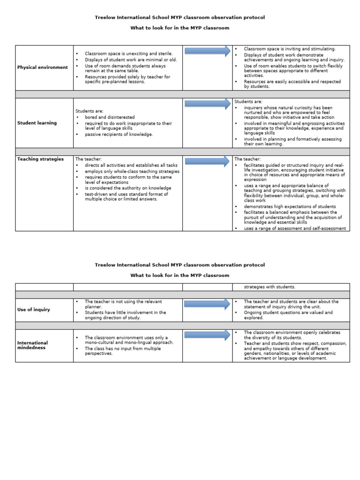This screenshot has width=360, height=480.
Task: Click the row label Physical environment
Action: pyautogui.click(x=43, y=67)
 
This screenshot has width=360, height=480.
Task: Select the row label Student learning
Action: pyautogui.click(x=37, y=123)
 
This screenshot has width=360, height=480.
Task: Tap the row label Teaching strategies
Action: pyautogui.click(x=40, y=159)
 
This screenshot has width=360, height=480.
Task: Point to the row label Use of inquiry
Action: pyautogui.click(x=34, y=309)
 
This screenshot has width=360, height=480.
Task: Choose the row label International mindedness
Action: pyautogui.click(x=32, y=345)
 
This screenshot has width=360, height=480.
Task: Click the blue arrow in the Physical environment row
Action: pyautogui.click(x=207, y=51)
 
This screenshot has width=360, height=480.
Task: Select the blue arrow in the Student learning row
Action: pyautogui.click(x=207, y=104)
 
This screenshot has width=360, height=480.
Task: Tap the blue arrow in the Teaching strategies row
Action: pyautogui.click(x=207, y=161)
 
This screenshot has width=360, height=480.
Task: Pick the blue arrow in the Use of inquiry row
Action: pyautogui.click(x=207, y=304)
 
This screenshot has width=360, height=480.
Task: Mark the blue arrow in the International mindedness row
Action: pyautogui.click(x=207, y=335)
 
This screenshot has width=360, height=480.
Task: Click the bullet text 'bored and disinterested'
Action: pyautogui.click(x=110, y=117)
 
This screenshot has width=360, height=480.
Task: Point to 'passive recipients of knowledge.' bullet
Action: pyautogui.click(x=119, y=134)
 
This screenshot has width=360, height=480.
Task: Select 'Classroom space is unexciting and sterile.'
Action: pyautogui.click(x=128, y=53)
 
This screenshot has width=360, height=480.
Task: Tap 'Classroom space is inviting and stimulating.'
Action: pyautogui.click(x=290, y=49)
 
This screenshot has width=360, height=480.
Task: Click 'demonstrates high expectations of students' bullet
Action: pyautogui.click(x=290, y=206)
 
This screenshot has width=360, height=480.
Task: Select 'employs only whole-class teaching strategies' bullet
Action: pyautogui.click(x=132, y=172)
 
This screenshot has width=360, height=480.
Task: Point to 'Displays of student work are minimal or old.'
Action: pyautogui.click(x=131, y=59)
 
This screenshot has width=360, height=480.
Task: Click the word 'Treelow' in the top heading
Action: pyautogui.click(x=105, y=17)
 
